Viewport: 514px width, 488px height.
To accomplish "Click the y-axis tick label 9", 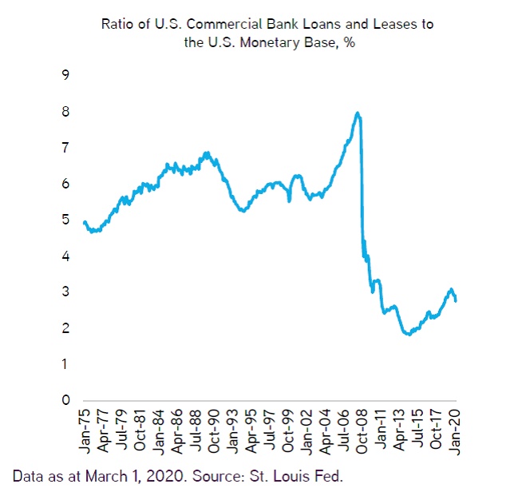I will [x=65, y=75].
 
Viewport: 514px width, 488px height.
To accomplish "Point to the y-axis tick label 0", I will [x=65, y=400].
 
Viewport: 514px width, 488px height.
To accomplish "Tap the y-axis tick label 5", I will [x=65, y=220].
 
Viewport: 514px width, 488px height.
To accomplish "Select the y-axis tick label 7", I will [x=65, y=148].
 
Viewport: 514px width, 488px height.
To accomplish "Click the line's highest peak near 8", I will [x=358, y=113].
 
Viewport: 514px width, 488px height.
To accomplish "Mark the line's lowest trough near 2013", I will [x=408, y=334].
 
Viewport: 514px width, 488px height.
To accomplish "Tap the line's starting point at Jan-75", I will [x=85, y=221].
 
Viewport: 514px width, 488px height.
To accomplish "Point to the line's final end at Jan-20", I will [x=455, y=300].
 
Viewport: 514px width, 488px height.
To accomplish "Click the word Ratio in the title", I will [x=117, y=24].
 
